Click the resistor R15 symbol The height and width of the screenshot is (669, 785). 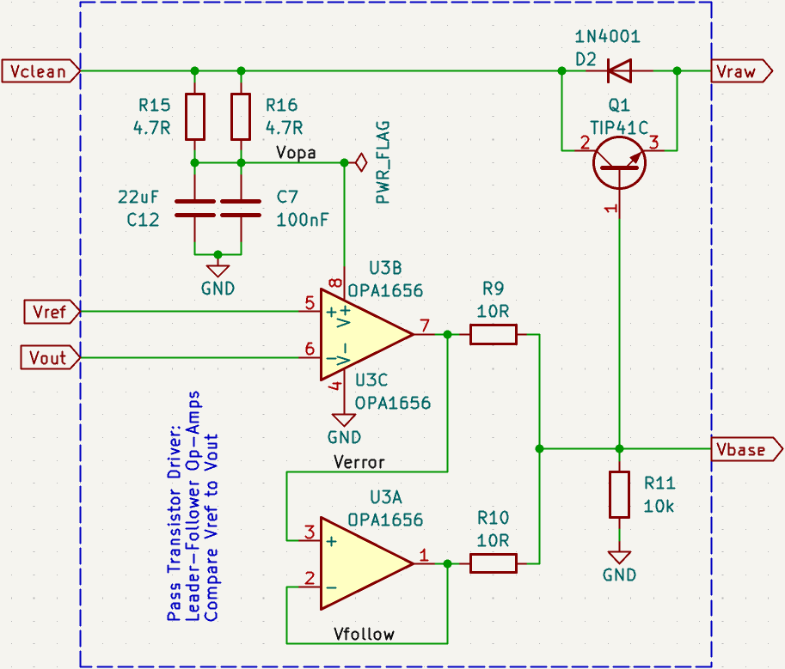click(x=195, y=117)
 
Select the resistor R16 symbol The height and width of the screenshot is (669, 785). click(x=241, y=117)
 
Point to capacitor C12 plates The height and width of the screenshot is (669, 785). click(x=195, y=207)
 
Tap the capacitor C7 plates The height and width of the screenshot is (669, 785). click(x=241, y=207)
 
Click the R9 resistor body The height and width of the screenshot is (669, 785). click(x=494, y=334)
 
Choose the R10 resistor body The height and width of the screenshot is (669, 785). click(x=494, y=563)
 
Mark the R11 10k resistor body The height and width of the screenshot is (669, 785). click(x=619, y=494)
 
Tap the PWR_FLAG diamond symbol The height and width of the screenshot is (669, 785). click(x=361, y=161)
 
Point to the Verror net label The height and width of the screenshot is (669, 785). click(x=359, y=462)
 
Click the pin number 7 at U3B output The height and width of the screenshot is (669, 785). click(x=424, y=325)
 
